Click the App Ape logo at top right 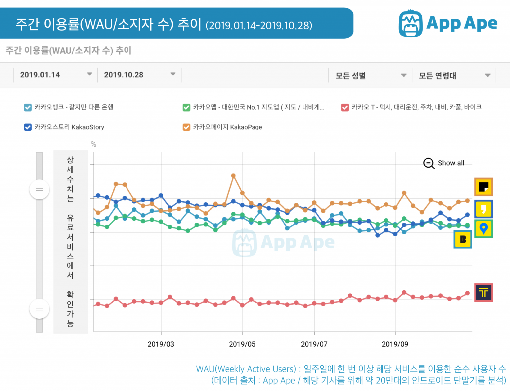click(448, 23)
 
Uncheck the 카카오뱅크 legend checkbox click(28, 107)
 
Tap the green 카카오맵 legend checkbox click(186, 107)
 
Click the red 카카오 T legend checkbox click(345, 107)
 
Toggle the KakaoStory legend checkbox click(28, 127)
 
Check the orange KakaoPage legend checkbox click(186, 127)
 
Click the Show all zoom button click(444, 163)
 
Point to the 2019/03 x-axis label click(161, 343)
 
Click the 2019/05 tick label click(242, 343)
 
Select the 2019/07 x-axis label click(314, 343)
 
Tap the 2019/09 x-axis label click(395, 343)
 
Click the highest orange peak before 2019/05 click(233, 175)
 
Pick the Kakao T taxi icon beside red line click(483, 292)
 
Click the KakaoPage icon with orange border click(483, 187)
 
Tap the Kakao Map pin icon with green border click(483, 229)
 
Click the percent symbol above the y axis click(93, 145)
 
